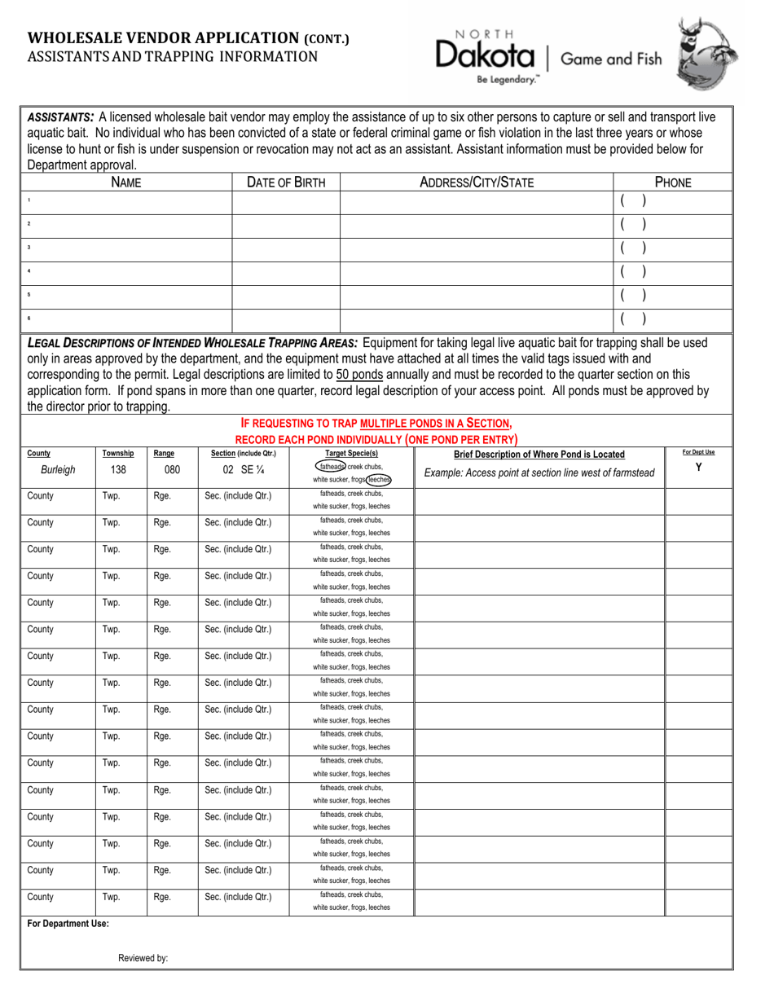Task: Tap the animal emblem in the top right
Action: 709,55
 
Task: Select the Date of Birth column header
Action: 286,182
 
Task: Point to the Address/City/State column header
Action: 476,182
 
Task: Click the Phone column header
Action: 673,182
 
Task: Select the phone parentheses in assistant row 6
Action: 633,319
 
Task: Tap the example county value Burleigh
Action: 58,470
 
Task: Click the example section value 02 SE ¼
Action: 244,470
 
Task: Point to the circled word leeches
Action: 378,480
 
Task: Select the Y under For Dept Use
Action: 698,467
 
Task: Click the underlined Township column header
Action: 118,454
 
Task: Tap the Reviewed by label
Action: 143,958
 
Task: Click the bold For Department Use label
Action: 68,924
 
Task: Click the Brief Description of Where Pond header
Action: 539,455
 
